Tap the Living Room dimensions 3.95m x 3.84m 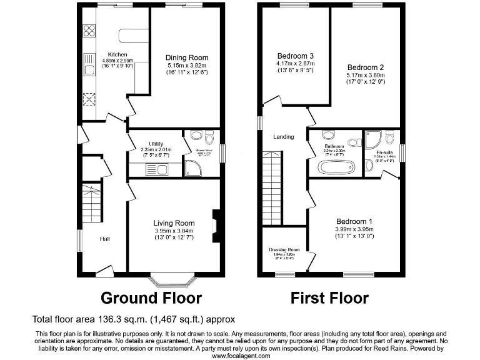[x=174, y=231]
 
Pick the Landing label [x=283, y=137]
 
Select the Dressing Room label [x=284, y=249]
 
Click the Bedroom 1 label [x=354, y=221]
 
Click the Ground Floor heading [x=151, y=297]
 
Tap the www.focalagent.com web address [x=241, y=355]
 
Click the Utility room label [x=151, y=143]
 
